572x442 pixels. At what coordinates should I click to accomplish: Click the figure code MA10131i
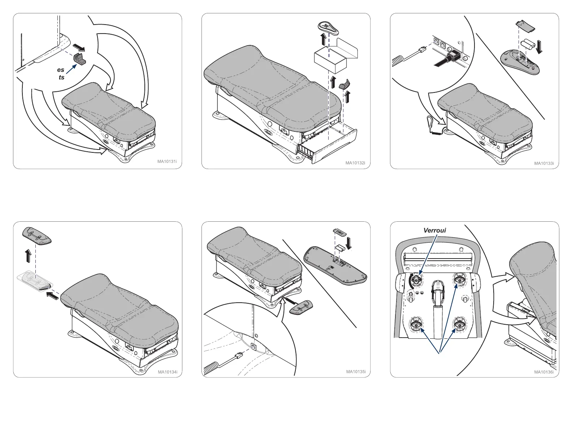(x=167, y=161)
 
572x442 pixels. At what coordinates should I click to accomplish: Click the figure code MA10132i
(x=355, y=163)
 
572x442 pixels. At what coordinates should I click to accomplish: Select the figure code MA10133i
(x=544, y=163)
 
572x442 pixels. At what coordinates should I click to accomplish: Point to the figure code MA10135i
(x=356, y=372)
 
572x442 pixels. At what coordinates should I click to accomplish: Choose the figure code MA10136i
(x=544, y=372)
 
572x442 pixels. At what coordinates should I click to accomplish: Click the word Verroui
(x=434, y=230)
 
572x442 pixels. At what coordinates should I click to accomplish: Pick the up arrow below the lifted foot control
(x=28, y=256)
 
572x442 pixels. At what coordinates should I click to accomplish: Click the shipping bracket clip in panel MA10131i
(x=81, y=58)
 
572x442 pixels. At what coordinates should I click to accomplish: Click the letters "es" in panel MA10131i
(x=61, y=70)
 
